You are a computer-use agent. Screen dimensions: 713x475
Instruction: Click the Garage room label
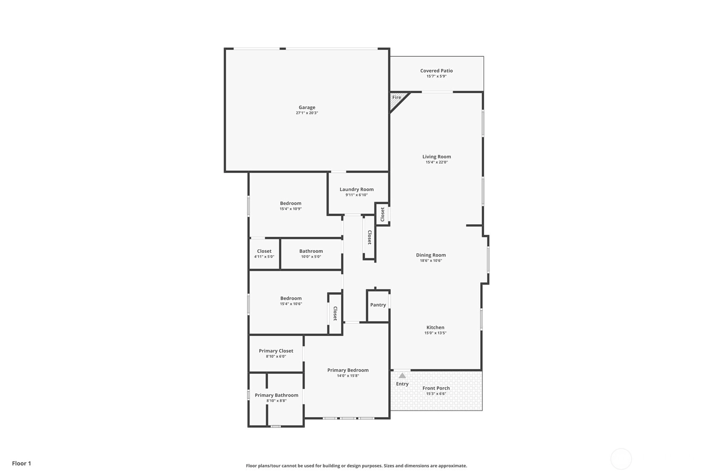(x=307, y=108)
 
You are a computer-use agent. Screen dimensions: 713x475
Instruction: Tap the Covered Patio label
(x=437, y=71)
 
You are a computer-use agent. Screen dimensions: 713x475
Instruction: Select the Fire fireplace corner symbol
(x=398, y=100)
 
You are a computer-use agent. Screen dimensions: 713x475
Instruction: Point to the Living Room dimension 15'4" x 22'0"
(x=437, y=162)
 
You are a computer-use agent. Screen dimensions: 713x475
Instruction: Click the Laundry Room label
(x=356, y=189)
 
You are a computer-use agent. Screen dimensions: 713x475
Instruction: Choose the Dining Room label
(x=431, y=255)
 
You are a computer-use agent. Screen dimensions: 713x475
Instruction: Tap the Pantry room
(x=378, y=305)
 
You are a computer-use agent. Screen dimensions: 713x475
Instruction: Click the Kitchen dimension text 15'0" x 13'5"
(x=435, y=333)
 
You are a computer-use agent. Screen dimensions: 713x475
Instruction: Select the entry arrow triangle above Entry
(x=403, y=376)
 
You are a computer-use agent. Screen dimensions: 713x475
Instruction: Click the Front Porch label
(x=436, y=388)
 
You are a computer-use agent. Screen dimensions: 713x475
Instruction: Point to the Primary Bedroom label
(x=348, y=370)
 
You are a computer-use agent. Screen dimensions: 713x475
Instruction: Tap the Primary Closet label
(x=276, y=351)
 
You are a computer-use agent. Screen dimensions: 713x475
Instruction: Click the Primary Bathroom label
(x=276, y=396)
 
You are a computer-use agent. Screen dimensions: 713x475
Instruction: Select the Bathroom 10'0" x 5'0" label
(x=311, y=251)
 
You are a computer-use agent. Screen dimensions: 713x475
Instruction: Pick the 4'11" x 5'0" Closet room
(x=264, y=254)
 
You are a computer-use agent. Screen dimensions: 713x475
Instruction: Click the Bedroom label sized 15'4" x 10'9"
(x=291, y=204)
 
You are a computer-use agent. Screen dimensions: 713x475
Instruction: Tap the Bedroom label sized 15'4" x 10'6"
(x=291, y=299)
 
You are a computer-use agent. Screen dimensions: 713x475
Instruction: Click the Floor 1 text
(x=22, y=464)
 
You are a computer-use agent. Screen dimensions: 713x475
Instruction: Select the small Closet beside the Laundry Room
(x=382, y=215)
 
